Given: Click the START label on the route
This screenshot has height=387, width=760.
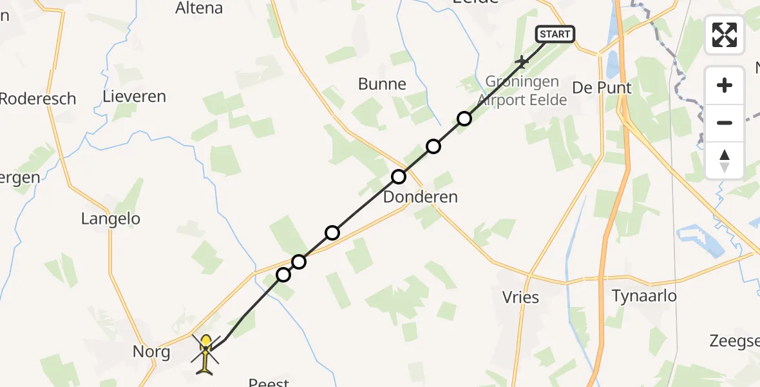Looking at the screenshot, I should click(555, 34).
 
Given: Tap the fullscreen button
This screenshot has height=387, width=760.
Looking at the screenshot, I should click(725, 35).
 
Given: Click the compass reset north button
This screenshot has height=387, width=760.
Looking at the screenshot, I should click(725, 161).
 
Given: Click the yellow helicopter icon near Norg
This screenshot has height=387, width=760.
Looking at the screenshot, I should click(205, 353).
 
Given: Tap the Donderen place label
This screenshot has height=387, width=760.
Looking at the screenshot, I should click(420, 197).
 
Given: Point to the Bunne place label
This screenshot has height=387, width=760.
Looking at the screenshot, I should click(383, 84).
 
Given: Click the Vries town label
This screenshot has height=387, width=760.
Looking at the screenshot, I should click(520, 297).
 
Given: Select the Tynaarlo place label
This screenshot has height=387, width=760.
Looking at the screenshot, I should click(644, 295).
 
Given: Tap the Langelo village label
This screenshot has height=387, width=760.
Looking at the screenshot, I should click(111, 219).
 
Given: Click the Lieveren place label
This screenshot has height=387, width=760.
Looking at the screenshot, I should click(134, 97).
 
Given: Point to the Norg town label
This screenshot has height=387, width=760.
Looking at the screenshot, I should click(151, 352).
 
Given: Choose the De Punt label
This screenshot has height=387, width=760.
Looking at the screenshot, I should click(602, 88).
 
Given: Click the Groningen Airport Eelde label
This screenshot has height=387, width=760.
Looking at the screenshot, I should click(522, 91).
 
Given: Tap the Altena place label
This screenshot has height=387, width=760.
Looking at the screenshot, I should click(199, 8).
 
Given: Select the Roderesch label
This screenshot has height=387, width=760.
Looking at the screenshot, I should click(38, 99).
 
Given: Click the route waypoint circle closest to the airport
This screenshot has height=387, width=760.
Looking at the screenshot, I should click(464, 119).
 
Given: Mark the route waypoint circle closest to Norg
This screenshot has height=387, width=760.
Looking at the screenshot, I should click(283, 275).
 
